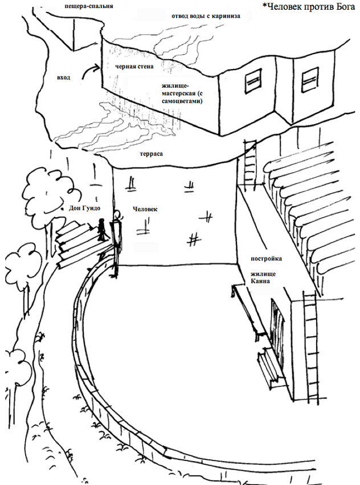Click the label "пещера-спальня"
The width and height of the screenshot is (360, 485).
[x=89, y=6]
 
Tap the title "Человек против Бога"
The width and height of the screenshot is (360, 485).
[x=309, y=6]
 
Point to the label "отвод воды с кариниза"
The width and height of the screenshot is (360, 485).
[x=206, y=16]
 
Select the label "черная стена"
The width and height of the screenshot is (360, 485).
[x=134, y=66]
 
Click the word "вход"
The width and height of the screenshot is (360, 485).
[x=63, y=78]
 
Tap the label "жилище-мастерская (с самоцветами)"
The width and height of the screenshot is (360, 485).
[x=182, y=93]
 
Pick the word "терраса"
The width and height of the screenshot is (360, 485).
[x=152, y=154]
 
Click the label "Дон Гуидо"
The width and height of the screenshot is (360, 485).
[x=84, y=208]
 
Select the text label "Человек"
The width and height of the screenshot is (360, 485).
[x=145, y=209]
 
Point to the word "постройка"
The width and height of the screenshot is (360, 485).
[x=266, y=259]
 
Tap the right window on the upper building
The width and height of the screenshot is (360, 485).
[x=309, y=80]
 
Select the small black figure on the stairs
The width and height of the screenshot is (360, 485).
[x=101, y=229]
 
